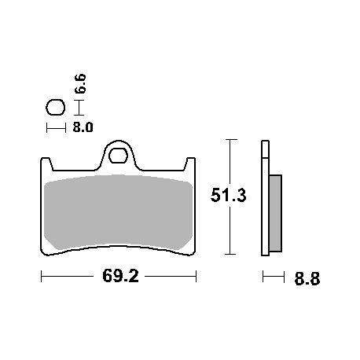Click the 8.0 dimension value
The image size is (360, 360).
[83, 126]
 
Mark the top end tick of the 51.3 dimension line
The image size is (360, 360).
[230, 139]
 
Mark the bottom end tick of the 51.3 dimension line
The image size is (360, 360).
[230, 255]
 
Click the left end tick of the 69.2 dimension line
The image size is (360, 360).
[41, 277]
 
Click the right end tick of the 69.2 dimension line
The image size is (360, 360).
[196, 277]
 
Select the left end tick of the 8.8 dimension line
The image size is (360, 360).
[263, 277]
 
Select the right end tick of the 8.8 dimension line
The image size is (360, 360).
[282, 277]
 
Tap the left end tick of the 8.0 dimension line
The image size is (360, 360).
[47, 127]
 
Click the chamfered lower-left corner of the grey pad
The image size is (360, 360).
[52, 246]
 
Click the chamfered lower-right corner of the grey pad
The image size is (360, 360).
[186, 246]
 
